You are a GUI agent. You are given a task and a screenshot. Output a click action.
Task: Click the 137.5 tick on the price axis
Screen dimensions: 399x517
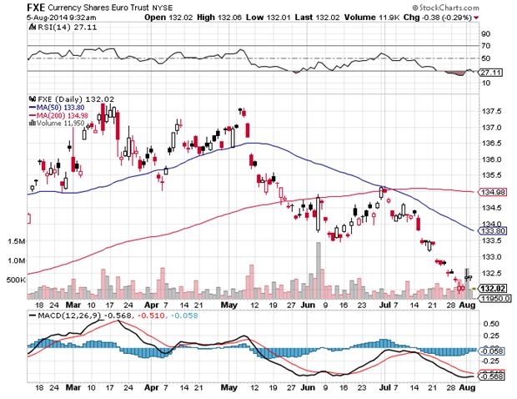click(x=490, y=111)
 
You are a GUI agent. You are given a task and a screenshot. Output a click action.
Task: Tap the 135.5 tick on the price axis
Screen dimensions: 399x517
click(x=490, y=175)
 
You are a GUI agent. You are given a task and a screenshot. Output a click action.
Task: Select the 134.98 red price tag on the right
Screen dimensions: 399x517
click(x=490, y=192)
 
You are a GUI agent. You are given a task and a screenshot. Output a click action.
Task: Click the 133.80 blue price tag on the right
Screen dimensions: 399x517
click(x=490, y=230)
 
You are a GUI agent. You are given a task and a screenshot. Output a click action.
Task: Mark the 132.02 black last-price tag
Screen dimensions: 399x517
click(x=490, y=287)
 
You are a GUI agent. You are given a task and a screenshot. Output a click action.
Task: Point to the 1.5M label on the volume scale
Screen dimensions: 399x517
click(x=18, y=240)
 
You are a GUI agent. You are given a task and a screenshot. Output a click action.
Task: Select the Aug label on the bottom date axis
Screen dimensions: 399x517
click(x=467, y=388)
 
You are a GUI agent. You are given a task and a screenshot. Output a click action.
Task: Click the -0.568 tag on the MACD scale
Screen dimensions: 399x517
click(x=491, y=376)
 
